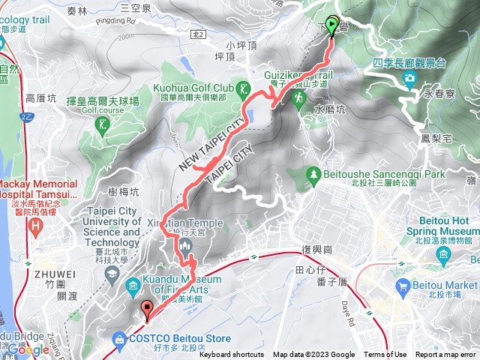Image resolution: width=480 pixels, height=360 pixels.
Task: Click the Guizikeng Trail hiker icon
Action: (x=299, y=97)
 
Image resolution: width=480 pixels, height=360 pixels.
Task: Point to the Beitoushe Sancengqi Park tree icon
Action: (x=312, y=175)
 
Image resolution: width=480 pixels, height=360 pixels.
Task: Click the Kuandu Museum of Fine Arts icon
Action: (x=133, y=284)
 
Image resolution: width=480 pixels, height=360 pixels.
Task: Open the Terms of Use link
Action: (x=385, y=355)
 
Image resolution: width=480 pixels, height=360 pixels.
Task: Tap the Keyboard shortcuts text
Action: (x=232, y=355)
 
